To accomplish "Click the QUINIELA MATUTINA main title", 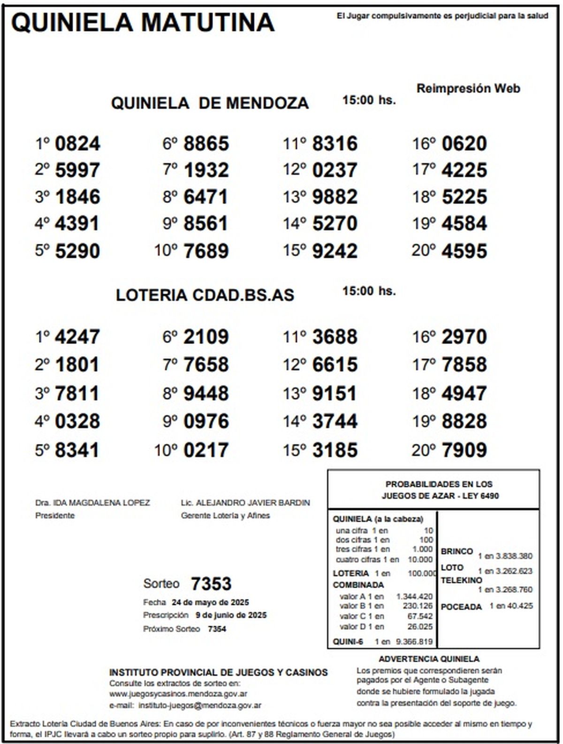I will click(x=142, y=23).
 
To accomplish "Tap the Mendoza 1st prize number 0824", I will click(x=77, y=144).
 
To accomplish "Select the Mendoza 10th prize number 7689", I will click(x=206, y=251).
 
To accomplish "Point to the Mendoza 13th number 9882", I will click(x=335, y=197).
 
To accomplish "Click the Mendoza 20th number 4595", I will click(x=464, y=251).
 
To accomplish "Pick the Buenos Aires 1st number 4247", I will click(x=77, y=337).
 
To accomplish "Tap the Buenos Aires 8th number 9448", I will click(x=206, y=394).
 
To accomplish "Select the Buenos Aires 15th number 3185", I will click(x=335, y=450).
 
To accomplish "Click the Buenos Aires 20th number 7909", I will click(x=464, y=450).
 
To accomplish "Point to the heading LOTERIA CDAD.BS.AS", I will click(x=205, y=295).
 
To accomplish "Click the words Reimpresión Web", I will click(x=468, y=88).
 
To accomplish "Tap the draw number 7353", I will click(x=211, y=584).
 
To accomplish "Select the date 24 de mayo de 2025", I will click(x=210, y=602).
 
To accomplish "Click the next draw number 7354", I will click(x=217, y=629).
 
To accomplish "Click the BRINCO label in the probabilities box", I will click(x=456, y=551).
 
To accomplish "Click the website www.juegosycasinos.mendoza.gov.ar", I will click(x=178, y=694).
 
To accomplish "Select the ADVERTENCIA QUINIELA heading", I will click(x=429, y=659).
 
